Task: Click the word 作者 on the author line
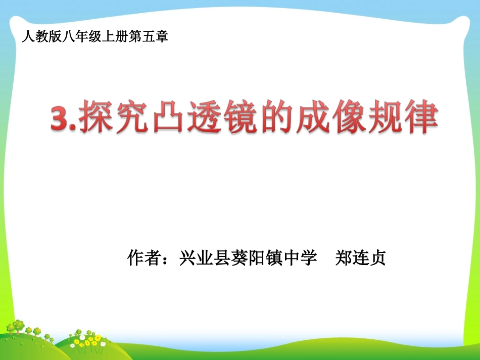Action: click(143, 258)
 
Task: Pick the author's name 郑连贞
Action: click(361, 258)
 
